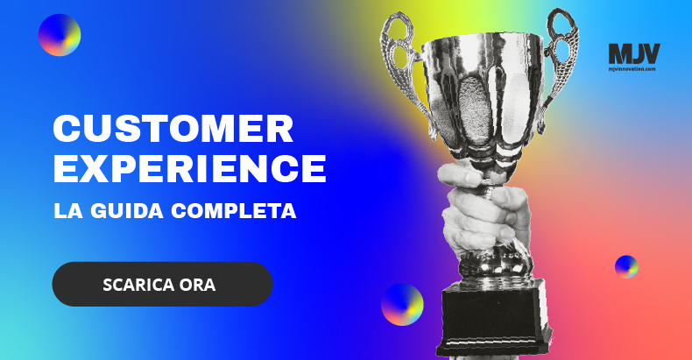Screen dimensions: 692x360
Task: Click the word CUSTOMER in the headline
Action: tap(173, 129)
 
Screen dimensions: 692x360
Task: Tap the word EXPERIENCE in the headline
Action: tap(190, 168)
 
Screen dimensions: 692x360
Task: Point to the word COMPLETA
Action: tap(234, 211)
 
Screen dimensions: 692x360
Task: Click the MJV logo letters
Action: tap(634, 53)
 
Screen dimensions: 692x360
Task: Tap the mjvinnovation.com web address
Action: tap(632, 69)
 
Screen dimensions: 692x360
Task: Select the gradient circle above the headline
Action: tap(60, 35)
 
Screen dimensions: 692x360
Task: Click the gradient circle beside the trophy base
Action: tap(402, 305)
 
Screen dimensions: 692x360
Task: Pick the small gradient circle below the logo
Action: tap(626, 266)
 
